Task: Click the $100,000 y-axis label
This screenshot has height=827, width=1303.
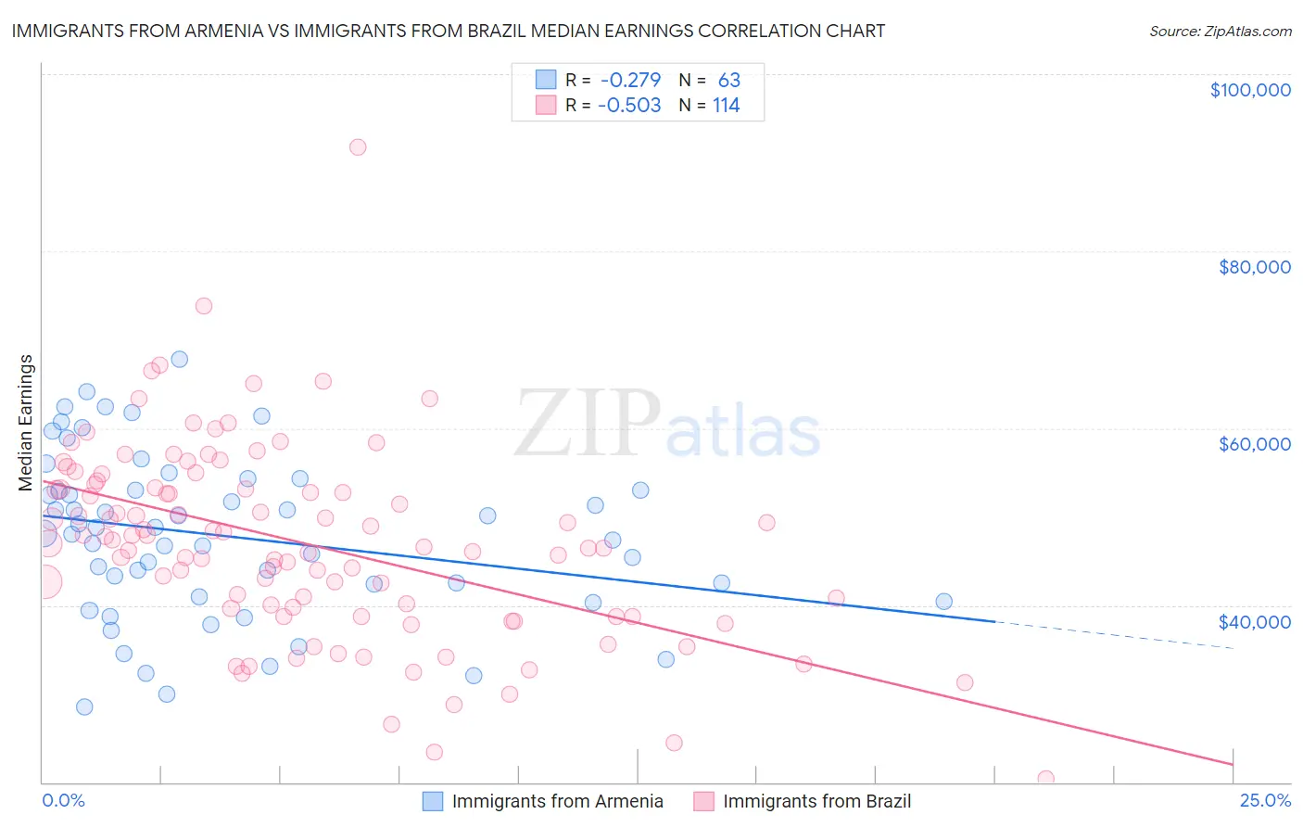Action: pyautogui.click(x=1249, y=90)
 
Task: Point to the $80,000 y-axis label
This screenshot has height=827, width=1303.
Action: pyautogui.click(x=1254, y=267)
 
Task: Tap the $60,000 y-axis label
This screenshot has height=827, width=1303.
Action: pyautogui.click(x=1254, y=444)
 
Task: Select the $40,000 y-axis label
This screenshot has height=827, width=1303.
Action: pyautogui.click(x=1254, y=621)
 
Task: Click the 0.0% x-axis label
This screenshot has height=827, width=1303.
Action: pyautogui.click(x=63, y=800)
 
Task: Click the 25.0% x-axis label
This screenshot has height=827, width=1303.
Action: pyautogui.click(x=1265, y=800)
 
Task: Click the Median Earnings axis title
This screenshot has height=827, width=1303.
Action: pyautogui.click(x=26, y=422)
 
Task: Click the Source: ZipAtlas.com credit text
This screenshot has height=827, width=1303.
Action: pyautogui.click(x=1220, y=31)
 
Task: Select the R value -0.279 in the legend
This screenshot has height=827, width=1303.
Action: pyautogui.click(x=630, y=81)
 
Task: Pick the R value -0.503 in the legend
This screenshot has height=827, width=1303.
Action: pyautogui.click(x=630, y=106)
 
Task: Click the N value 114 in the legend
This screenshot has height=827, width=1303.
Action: pyautogui.click(x=726, y=106)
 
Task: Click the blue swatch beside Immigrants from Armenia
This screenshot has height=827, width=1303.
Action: pyautogui.click(x=433, y=801)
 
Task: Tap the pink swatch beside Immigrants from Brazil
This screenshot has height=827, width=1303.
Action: pyautogui.click(x=703, y=801)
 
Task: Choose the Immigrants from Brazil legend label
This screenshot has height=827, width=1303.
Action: pyautogui.click(x=816, y=801)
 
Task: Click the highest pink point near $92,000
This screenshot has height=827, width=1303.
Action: pyautogui.click(x=358, y=146)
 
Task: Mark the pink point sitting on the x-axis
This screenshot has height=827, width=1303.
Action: pyautogui.click(x=1046, y=779)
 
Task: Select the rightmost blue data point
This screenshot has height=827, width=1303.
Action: pyautogui.click(x=943, y=601)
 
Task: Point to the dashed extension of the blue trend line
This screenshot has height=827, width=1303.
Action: pyautogui.click(x=1112, y=635)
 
